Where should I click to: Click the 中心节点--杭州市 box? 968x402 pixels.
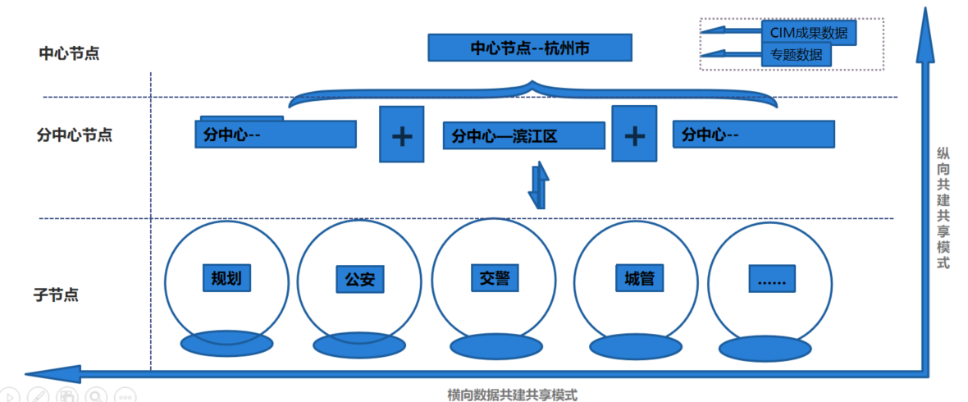[530, 48]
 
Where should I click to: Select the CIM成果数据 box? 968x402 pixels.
[809, 33]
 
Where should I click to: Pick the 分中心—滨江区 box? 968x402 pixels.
[523, 135]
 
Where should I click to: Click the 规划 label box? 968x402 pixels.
[226, 277]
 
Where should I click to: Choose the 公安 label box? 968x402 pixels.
[359, 279]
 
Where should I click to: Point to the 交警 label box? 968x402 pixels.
[495, 276]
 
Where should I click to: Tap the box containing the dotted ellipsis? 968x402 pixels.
[772, 279]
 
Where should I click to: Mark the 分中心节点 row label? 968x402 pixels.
[75, 135]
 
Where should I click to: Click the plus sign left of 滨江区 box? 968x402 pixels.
[401, 135]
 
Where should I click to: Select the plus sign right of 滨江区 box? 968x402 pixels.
[634, 134]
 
